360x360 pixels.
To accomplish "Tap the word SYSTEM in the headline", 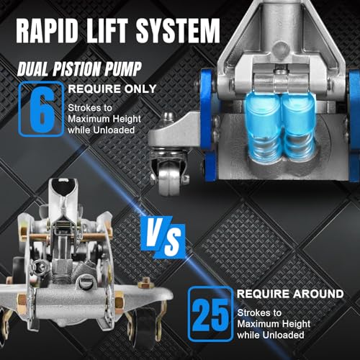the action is pyautogui.click(x=178, y=31).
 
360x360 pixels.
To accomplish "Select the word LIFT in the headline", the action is pyautogui.click(x=107, y=31).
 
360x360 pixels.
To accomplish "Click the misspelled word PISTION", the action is pyautogui.click(x=77, y=69).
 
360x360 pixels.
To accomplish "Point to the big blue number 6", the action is pyautogui.click(x=42, y=109).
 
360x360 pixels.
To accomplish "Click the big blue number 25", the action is pyautogui.click(x=210, y=315).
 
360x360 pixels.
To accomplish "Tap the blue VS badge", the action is pyautogui.click(x=163, y=237).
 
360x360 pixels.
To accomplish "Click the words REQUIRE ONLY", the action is pyautogui.click(x=112, y=89).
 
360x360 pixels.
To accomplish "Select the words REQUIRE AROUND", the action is pyautogui.click(x=290, y=294).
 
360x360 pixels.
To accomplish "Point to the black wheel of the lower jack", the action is pyautogui.click(x=144, y=326).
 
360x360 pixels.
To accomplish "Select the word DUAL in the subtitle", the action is pyautogui.click(x=35, y=69).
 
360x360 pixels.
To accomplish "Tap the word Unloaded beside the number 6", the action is pyautogui.click(x=114, y=130).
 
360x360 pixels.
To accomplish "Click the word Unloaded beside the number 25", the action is pyautogui.click(x=283, y=335).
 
